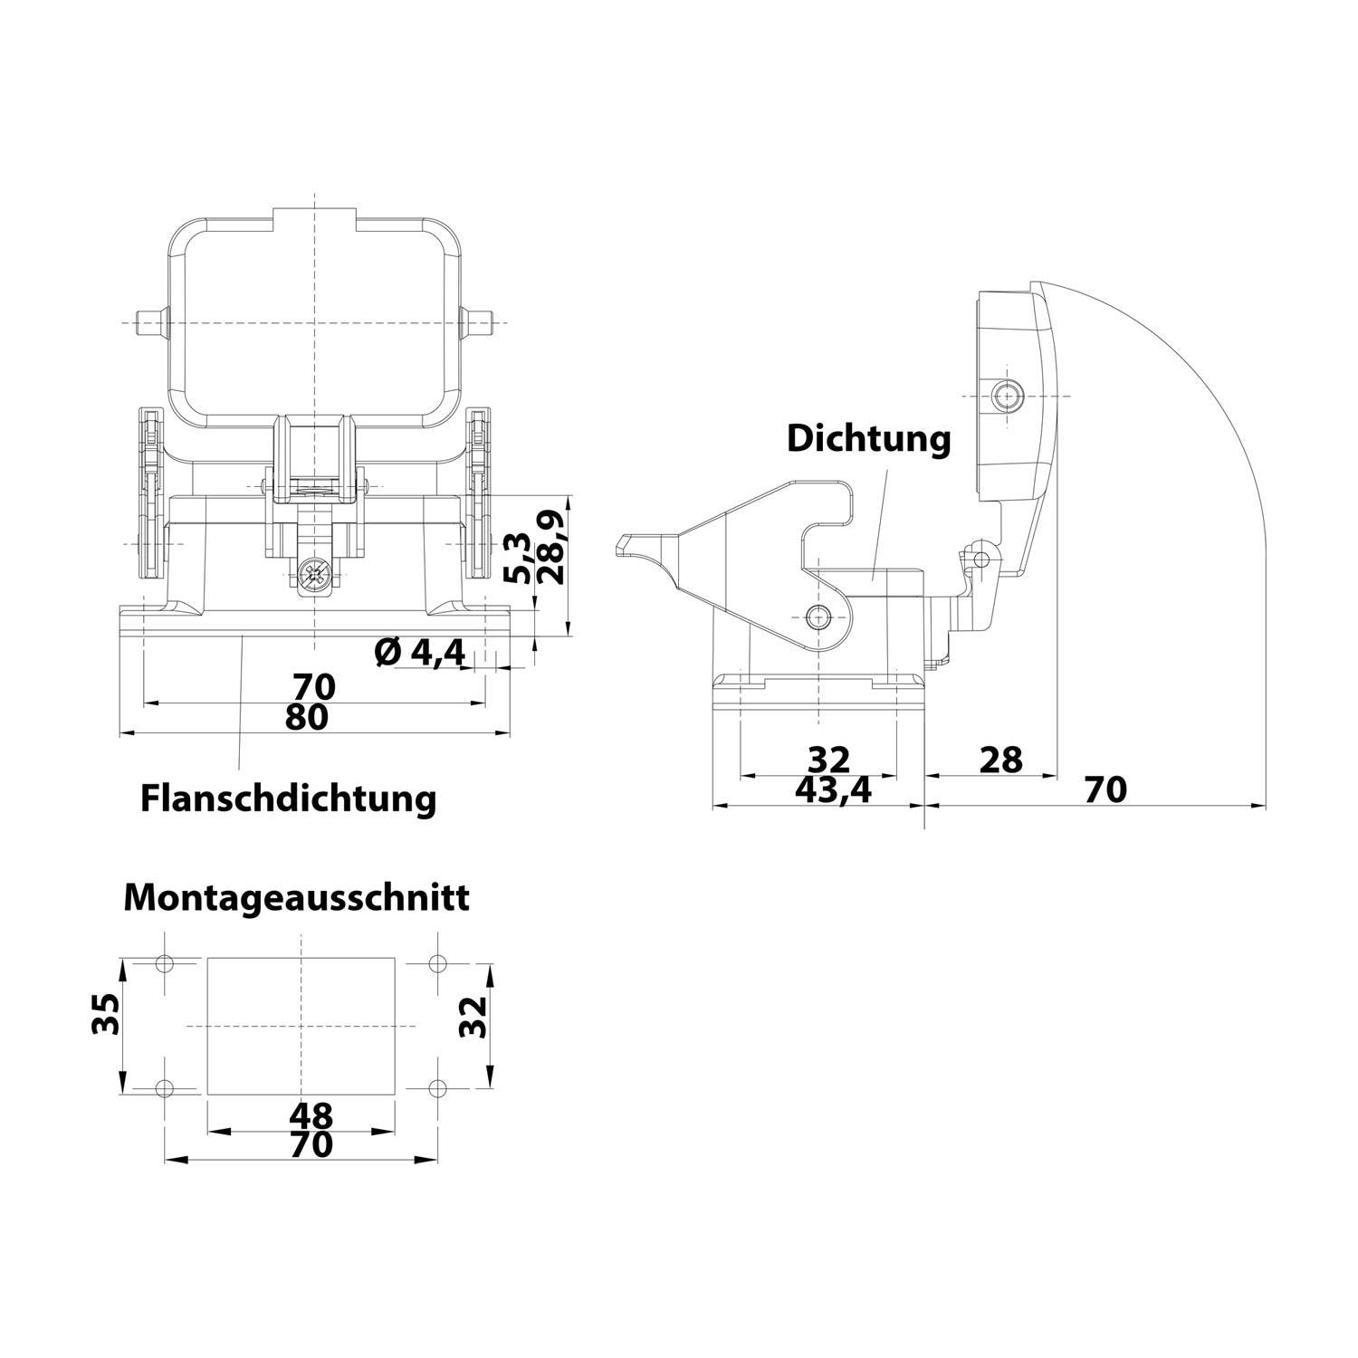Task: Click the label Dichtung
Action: point(868,438)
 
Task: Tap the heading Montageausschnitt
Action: point(296,897)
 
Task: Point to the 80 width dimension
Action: point(306,716)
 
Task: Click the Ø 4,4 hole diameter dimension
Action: point(419,651)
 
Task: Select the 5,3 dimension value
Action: point(519,558)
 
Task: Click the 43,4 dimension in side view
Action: point(832,789)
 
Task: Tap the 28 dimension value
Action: point(1000,760)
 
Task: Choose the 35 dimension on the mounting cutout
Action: point(106,1014)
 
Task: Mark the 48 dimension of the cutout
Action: point(311,1114)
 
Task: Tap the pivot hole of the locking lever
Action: point(818,618)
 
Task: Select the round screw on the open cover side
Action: point(1005,395)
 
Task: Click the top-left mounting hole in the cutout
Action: point(164,963)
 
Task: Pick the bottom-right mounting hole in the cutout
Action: point(437,1087)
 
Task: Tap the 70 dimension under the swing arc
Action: point(1105,789)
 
